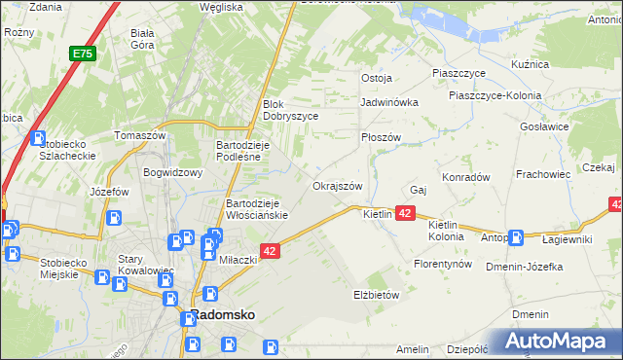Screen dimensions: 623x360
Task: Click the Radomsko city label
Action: tap(222, 316)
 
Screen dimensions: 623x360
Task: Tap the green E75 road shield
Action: tap(82, 56)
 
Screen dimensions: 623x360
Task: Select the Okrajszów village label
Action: tap(338, 186)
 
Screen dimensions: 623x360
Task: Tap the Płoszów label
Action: tap(381, 138)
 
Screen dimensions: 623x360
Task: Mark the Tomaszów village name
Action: tap(140, 136)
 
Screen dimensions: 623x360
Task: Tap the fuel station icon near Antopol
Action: tap(516, 236)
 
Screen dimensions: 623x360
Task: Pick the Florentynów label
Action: tap(443, 264)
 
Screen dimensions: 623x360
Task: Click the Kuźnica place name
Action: tap(531, 64)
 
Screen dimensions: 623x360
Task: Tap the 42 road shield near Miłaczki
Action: tap(272, 251)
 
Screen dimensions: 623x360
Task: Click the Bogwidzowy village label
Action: tap(172, 173)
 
